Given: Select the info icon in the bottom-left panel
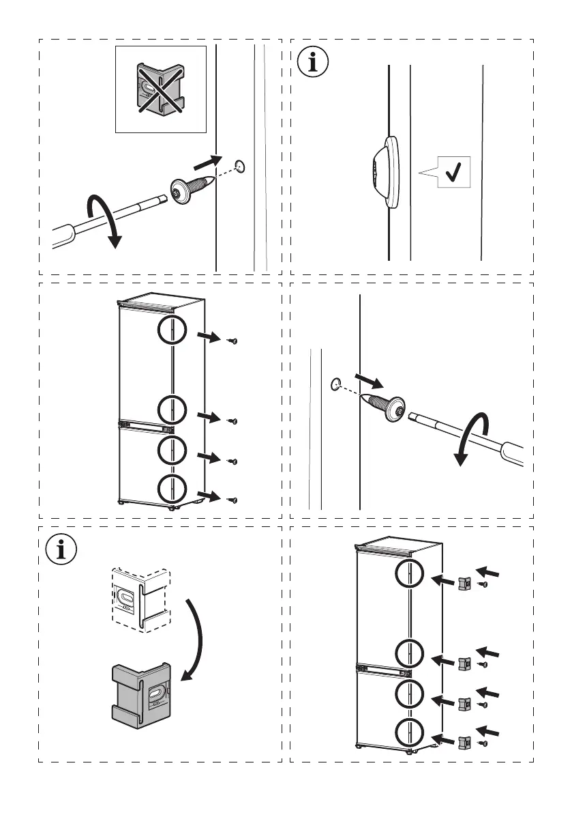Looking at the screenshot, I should [61, 550].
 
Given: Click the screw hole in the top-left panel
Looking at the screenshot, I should [239, 165].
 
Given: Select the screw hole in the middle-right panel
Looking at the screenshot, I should [335, 384].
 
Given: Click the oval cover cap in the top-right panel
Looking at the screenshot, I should [385, 171].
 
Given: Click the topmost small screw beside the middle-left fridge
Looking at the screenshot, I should [233, 341].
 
